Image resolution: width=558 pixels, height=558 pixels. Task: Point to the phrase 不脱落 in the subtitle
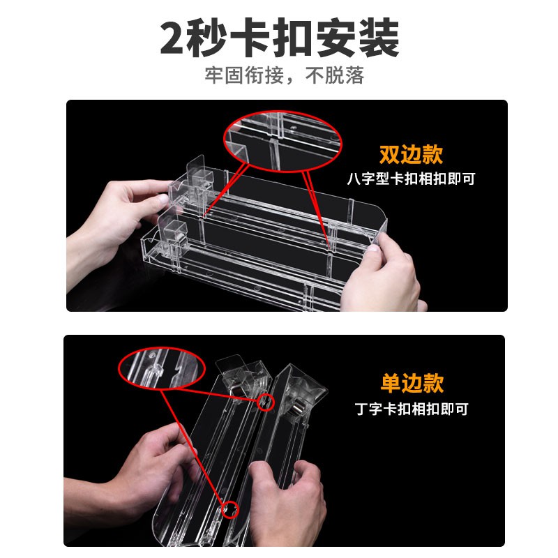point(335,75)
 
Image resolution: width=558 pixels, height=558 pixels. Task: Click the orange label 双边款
point(412,154)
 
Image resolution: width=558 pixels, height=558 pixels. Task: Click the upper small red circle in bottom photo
point(266,402)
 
